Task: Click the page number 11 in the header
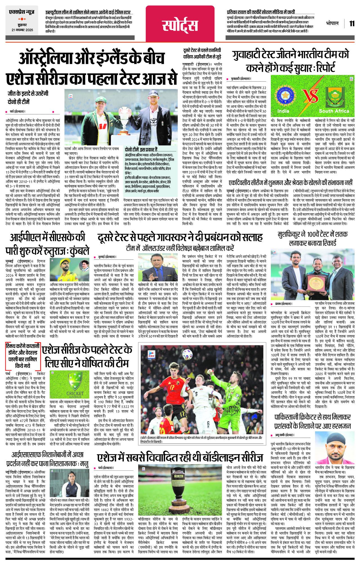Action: click(352, 24)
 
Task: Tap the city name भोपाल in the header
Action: click(332, 23)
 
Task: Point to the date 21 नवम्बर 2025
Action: click(22, 30)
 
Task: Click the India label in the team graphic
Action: click(283, 111)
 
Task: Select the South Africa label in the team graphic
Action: click(334, 111)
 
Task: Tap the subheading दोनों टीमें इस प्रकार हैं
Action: click(141, 149)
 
